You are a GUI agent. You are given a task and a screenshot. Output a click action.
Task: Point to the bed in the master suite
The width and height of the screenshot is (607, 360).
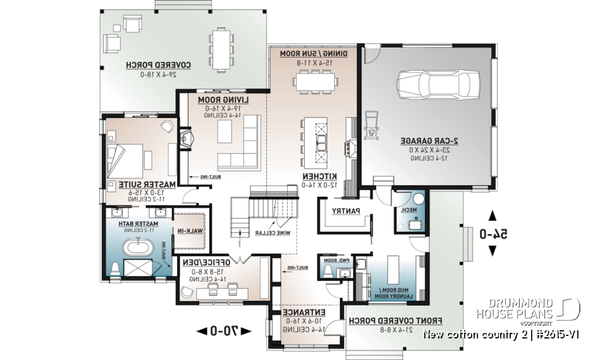click(129, 153)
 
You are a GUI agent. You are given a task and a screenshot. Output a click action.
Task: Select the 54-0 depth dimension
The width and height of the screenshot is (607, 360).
click(493, 234)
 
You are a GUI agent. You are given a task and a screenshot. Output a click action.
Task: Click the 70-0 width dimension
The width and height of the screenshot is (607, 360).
click(224, 330)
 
